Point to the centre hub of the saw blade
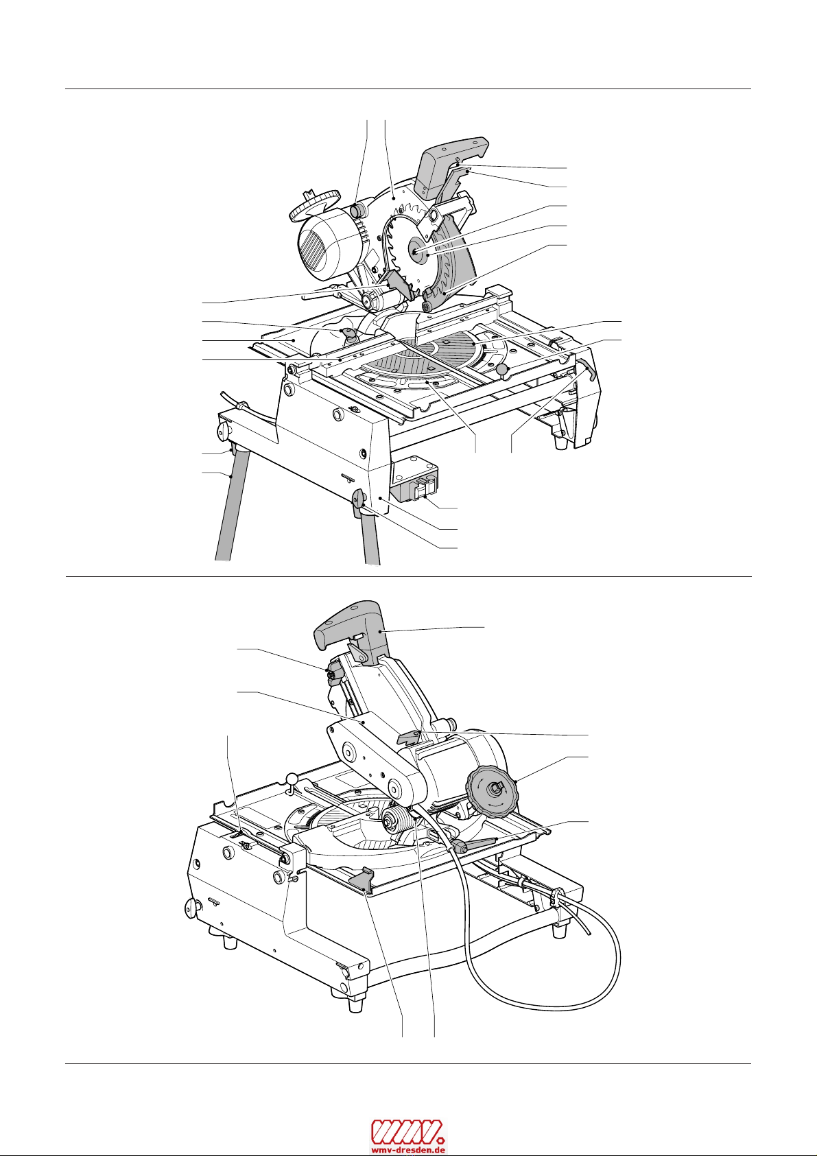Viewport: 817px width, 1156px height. click(420, 251)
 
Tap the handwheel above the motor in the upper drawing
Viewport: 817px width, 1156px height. click(315, 204)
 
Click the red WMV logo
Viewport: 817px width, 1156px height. click(408, 1130)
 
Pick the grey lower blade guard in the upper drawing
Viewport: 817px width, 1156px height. click(453, 268)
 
